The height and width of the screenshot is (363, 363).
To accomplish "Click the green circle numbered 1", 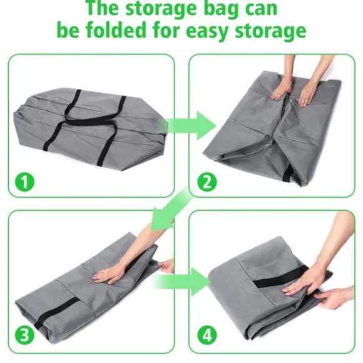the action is pyautogui.click(x=24, y=181).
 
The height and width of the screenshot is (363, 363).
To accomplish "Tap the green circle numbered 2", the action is pyautogui.click(x=207, y=181).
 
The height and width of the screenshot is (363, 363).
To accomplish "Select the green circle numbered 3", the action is pyautogui.click(x=24, y=335).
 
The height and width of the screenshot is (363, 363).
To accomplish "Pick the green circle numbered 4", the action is pyautogui.click(x=207, y=335).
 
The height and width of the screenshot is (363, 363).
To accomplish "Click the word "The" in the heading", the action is pyautogui.click(x=103, y=8).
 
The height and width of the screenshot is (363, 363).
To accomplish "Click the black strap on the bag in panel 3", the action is pyautogui.click(x=57, y=312).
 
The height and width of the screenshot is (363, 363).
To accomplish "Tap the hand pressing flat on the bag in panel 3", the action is pyautogui.click(x=109, y=276).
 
